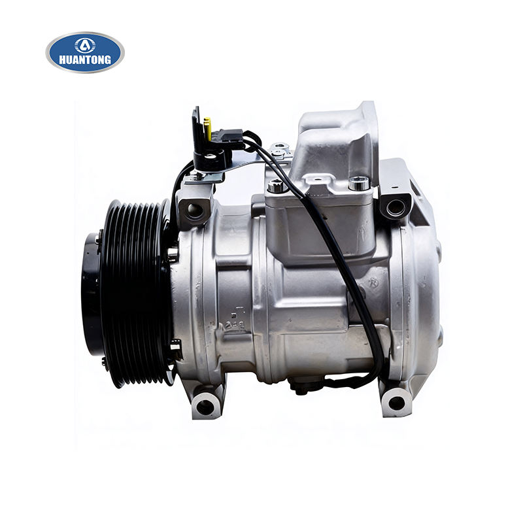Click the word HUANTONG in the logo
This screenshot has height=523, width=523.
85,59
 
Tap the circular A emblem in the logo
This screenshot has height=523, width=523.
85,45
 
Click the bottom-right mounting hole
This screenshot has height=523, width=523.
397,403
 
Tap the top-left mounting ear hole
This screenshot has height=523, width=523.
195,210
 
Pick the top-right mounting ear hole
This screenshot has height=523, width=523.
396,207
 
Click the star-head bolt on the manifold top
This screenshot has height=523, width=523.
276,186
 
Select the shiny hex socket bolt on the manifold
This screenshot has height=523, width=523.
359,183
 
